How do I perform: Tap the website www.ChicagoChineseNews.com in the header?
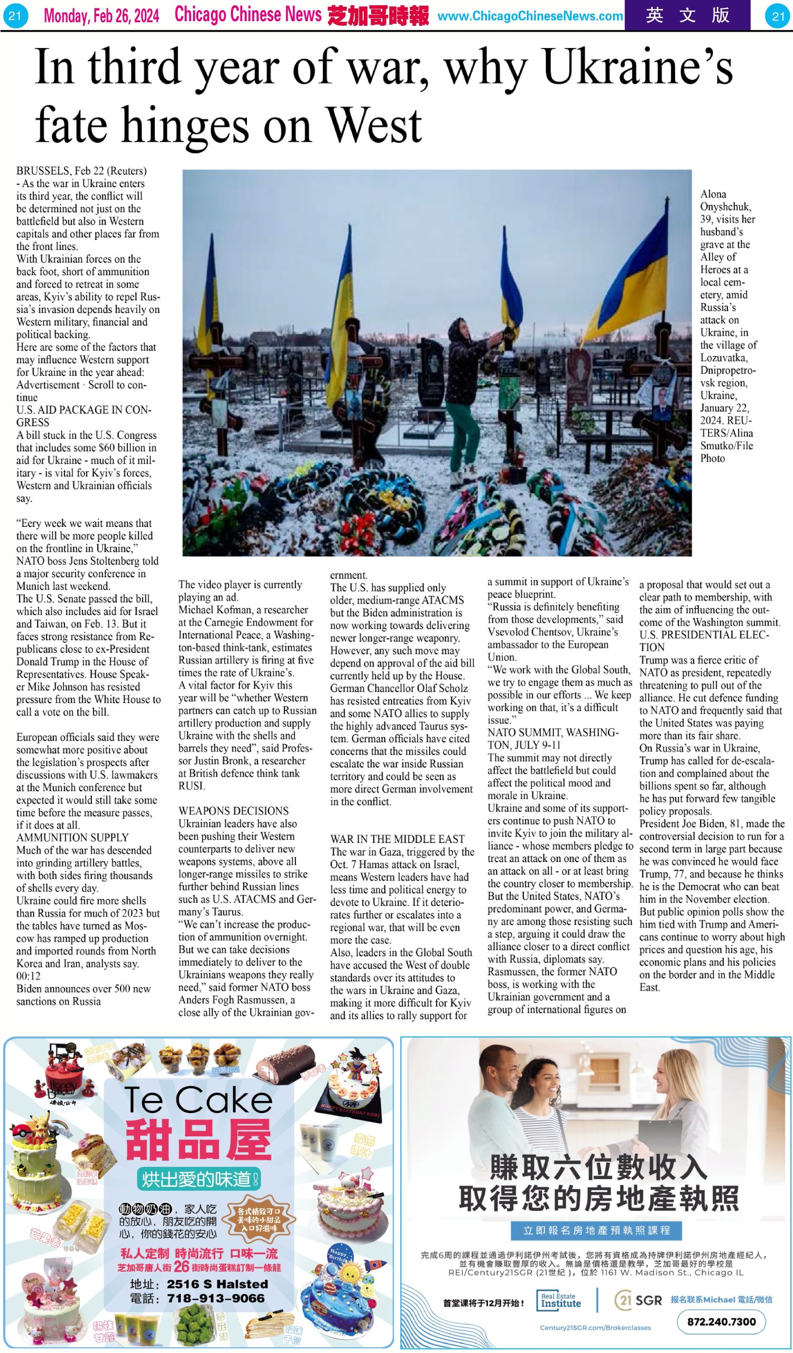tap(530, 16)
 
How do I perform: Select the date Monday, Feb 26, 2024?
tap(102, 16)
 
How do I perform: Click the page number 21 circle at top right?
tap(778, 16)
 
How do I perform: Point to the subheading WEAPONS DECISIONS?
tap(234, 811)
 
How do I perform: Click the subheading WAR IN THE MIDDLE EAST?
tap(398, 839)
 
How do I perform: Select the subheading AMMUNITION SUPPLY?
tap(72, 838)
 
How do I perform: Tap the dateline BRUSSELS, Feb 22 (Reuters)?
tap(81, 171)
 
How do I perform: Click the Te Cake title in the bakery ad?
tap(199, 1100)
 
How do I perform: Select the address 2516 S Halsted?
tap(217, 1284)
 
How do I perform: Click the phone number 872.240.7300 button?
tap(721, 1321)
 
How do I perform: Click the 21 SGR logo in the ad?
tap(638, 1300)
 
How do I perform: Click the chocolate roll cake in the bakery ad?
tap(286, 1058)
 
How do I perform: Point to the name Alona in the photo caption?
tap(713, 194)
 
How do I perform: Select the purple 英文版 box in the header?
tap(687, 15)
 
